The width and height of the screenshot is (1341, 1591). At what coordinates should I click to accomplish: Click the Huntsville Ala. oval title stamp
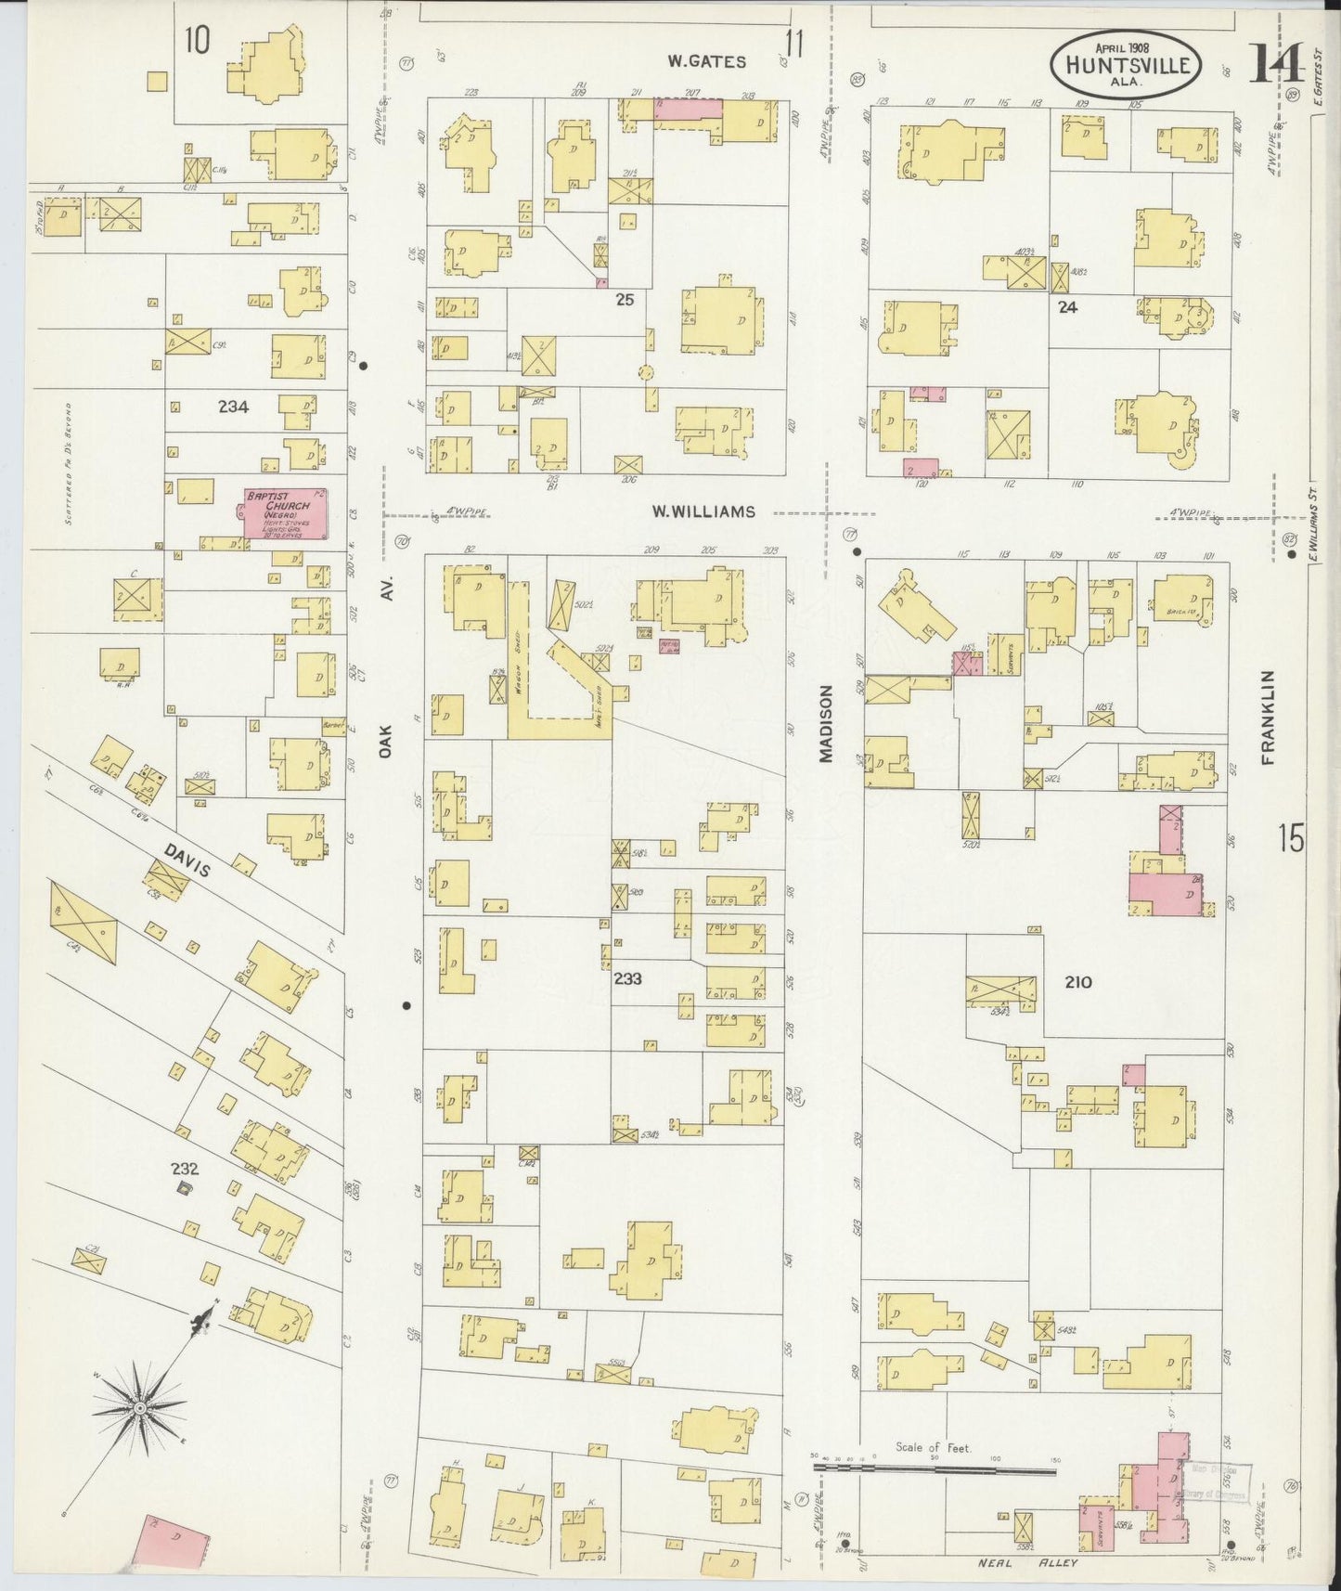coord(1127,62)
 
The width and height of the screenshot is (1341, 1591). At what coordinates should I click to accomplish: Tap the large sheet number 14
coord(1276,63)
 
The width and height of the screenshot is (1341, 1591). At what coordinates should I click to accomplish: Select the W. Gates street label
coord(707,62)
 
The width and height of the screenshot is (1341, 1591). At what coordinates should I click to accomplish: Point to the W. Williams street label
coord(702,511)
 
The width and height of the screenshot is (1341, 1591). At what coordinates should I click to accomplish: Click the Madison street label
coord(825,724)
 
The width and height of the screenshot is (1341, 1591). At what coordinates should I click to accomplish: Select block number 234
coord(233,406)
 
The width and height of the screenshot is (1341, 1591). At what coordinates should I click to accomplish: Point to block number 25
coord(625,300)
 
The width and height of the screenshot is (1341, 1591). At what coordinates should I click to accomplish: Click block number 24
coord(1067,307)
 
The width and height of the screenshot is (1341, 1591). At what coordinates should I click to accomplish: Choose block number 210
coord(1077,982)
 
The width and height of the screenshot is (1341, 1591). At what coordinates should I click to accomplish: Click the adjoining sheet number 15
coord(1290,839)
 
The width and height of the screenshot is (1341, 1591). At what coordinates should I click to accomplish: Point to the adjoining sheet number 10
coord(196,40)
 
